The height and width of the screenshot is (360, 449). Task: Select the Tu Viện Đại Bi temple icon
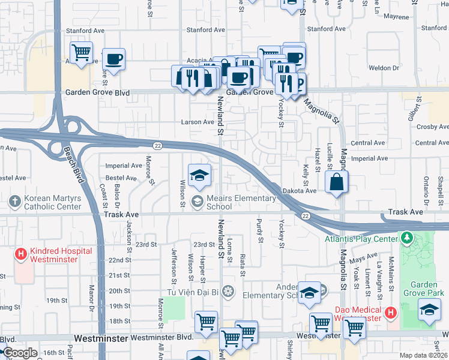click(x=227, y=292)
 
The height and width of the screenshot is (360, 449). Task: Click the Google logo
click(x=19, y=353)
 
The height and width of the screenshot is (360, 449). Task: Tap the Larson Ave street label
click(x=197, y=122)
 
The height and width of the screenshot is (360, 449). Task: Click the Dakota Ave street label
click(x=299, y=190)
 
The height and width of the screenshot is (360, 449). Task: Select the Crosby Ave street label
click(x=432, y=127)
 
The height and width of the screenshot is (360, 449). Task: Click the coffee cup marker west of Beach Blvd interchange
click(x=113, y=59)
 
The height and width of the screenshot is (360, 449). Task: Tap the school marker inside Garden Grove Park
click(x=429, y=310)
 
